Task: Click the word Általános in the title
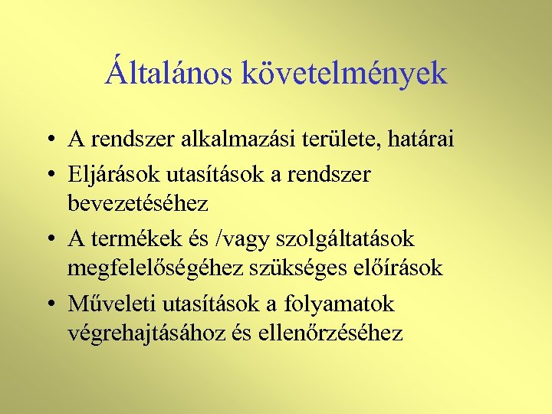(x=169, y=74)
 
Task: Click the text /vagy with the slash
(x=240, y=240)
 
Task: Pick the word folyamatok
(x=340, y=304)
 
